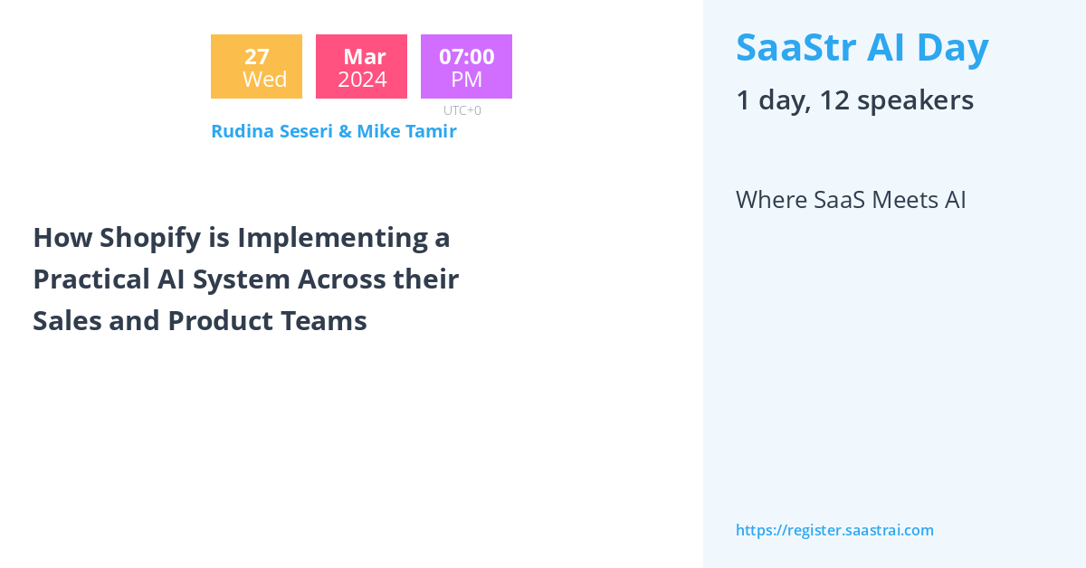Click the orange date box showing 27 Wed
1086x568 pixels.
point(256,66)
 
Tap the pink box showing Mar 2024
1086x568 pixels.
point(361,66)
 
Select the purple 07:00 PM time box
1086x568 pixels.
point(466,66)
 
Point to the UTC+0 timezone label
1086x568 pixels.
point(462,110)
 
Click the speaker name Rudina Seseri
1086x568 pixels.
point(272,131)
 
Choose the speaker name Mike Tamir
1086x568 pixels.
point(406,131)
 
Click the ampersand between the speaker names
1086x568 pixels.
point(345,131)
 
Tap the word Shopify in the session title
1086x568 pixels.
point(150,239)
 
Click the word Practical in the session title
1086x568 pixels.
point(91,279)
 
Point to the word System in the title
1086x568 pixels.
point(241,280)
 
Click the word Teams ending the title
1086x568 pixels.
point(323,321)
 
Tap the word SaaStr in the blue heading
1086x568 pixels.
point(796,48)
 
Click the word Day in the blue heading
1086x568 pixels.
point(953,50)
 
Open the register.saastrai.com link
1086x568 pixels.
point(834,530)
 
